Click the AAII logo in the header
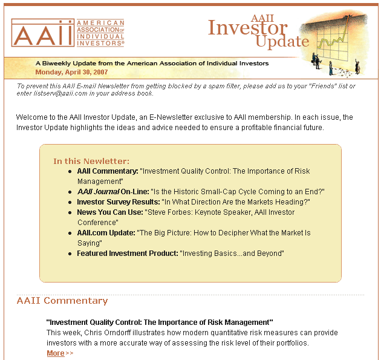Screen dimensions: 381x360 68,33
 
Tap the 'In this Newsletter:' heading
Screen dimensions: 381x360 91,161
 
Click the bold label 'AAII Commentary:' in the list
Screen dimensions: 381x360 108,171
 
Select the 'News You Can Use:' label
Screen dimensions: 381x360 109,212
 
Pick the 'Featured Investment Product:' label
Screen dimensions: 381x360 127,254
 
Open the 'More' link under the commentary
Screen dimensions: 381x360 56,353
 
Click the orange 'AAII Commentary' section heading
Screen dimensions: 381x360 62,301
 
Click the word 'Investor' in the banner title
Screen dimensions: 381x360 247,28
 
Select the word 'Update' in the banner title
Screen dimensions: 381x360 282,42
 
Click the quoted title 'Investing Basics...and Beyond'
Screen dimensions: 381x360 232,254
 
